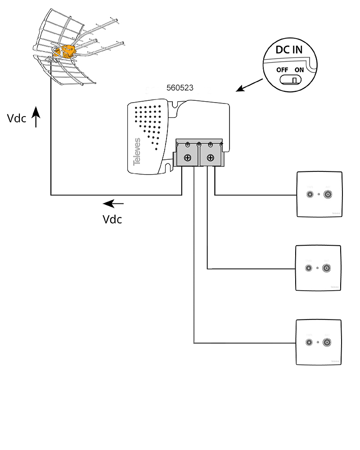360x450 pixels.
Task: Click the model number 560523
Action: tap(180, 88)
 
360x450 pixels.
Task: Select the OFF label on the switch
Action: tap(282, 70)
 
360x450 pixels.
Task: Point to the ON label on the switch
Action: tap(299, 70)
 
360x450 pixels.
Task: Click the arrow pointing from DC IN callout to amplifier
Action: tap(250, 85)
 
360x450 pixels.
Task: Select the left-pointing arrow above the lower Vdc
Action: tap(113, 204)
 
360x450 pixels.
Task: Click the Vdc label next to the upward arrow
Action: tap(17, 118)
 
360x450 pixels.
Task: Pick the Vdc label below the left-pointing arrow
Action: tap(112, 219)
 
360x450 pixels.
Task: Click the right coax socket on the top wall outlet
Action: tap(327, 194)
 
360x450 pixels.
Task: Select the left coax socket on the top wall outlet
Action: tap(310, 194)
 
